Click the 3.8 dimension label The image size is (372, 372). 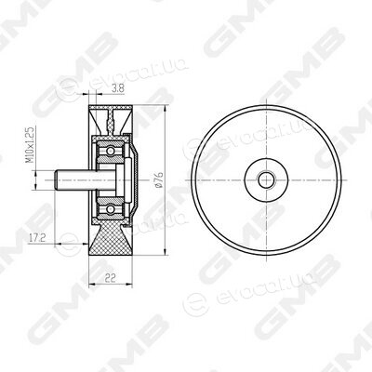(118, 88)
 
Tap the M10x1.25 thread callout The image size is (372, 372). (30, 144)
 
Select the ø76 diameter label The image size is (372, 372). (160, 179)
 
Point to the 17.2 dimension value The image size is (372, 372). (37, 238)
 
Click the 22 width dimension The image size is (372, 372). (110, 278)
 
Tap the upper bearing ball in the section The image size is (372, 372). (110, 151)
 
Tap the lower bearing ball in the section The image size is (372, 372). (110, 209)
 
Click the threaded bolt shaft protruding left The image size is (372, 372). (74, 179)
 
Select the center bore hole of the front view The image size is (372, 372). (266, 179)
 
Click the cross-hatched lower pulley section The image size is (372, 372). (111, 239)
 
